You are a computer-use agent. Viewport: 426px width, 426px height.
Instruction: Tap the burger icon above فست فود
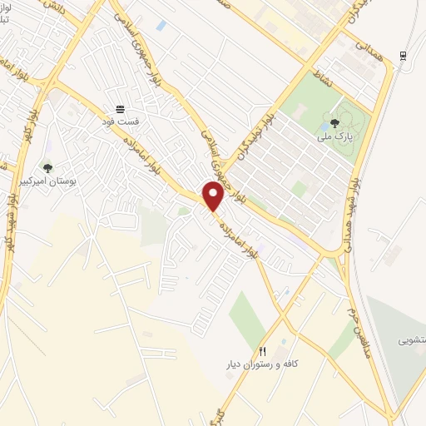coord(121,109)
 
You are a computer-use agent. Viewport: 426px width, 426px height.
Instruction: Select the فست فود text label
coord(121,122)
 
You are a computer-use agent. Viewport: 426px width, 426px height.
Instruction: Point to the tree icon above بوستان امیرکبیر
coord(47,167)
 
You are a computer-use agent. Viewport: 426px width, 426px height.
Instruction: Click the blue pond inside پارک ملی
coord(323,128)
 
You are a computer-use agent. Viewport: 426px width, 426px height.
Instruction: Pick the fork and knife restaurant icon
coord(263,351)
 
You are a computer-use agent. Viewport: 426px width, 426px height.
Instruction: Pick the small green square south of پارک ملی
coord(298,189)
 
